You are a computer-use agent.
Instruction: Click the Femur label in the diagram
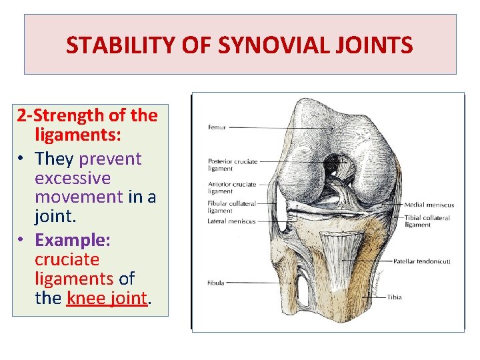tap(217, 127)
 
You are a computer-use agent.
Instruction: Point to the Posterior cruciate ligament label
tap(232, 165)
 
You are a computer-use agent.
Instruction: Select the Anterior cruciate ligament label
tap(231, 187)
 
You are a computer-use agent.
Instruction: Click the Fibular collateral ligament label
tap(231, 207)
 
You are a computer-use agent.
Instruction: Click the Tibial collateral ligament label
tap(427, 221)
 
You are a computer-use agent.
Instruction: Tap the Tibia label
tap(395, 297)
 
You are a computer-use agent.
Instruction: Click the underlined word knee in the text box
tap(83, 299)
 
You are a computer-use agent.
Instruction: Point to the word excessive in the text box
tap(72, 179)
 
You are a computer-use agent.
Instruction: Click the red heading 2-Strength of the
tap(87, 116)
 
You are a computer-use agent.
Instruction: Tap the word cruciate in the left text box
tap(67, 259)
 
